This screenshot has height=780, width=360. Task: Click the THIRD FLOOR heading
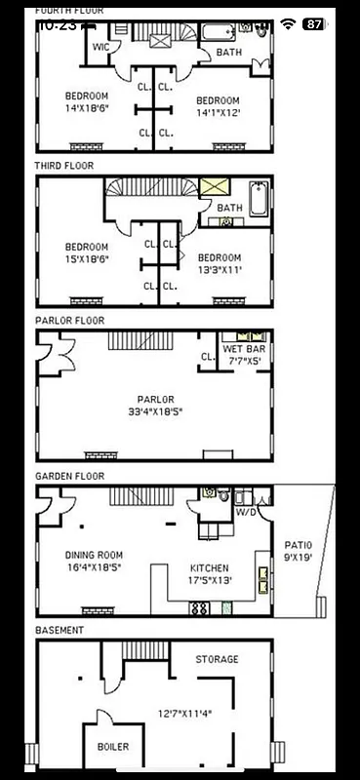coord(64,166)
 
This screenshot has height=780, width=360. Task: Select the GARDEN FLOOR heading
coord(69,476)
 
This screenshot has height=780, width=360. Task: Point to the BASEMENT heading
coord(60,630)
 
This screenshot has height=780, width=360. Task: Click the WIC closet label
coord(100,46)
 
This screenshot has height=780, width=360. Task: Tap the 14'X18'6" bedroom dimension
coord(86,108)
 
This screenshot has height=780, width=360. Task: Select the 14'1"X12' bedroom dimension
coord(218,112)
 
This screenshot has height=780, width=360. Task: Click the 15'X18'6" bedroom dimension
coord(86,259)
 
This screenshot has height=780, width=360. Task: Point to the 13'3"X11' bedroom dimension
coord(218,270)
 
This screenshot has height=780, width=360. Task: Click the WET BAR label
coord(243,349)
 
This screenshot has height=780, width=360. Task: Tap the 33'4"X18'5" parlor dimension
coord(155,411)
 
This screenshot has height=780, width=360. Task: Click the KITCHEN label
coord(210,568)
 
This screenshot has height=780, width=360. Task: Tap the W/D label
coord(246,511)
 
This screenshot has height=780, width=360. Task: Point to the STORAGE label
coord(217,659)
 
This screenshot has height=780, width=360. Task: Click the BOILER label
coord(112,747)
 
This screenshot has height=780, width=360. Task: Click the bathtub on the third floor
coord(259,200)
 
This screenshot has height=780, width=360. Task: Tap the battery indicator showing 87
coord(313,23)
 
